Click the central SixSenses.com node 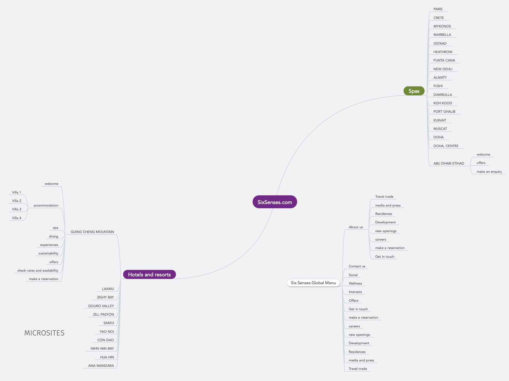(275, 202)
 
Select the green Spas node (414, 91)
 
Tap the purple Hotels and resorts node (149, 275)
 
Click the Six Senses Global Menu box (313, 283)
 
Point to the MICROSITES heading (44, 333)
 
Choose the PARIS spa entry (438, 9)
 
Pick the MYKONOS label (442, 27)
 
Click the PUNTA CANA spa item (444, 61)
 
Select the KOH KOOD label (443, 103)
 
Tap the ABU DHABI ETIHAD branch (449, 163)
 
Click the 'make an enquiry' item (489, 172)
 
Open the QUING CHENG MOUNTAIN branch (92, 232)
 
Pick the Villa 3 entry (17, 209)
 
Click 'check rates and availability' (38, 271)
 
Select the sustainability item (48, 253)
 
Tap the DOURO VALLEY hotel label (101, 306)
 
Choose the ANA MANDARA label (101, 366)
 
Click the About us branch (356, 227)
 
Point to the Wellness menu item (355, 284)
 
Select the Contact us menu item (357, 266)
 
